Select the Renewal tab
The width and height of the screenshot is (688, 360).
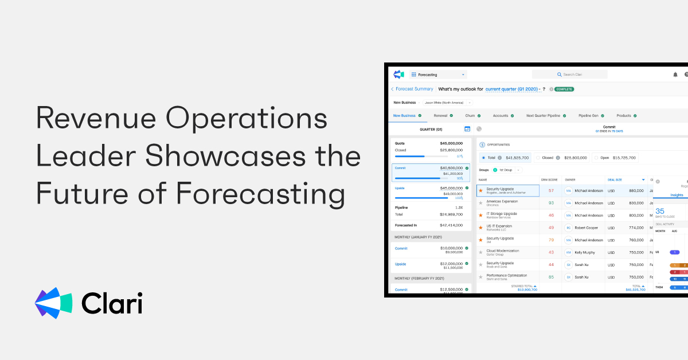[x=440, y=116]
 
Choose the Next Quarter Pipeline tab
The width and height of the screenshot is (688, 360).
[x=543, y=116]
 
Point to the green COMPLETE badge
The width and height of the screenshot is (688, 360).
[x=564, y=89]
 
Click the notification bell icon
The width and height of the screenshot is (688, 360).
[x=675, y=75]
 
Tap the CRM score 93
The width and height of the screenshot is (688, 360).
[x=551, y=203]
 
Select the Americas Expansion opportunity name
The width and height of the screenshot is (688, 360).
[x=502, y=201]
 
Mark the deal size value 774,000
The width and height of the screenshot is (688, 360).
[x=636, y=228]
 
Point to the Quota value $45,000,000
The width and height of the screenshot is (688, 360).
[x=451, y=143]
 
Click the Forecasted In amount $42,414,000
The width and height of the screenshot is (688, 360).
[x=451, y=225]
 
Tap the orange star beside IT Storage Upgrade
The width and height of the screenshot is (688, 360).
[x=480, y=215]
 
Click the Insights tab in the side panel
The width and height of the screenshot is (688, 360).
[x=677, y=195]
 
